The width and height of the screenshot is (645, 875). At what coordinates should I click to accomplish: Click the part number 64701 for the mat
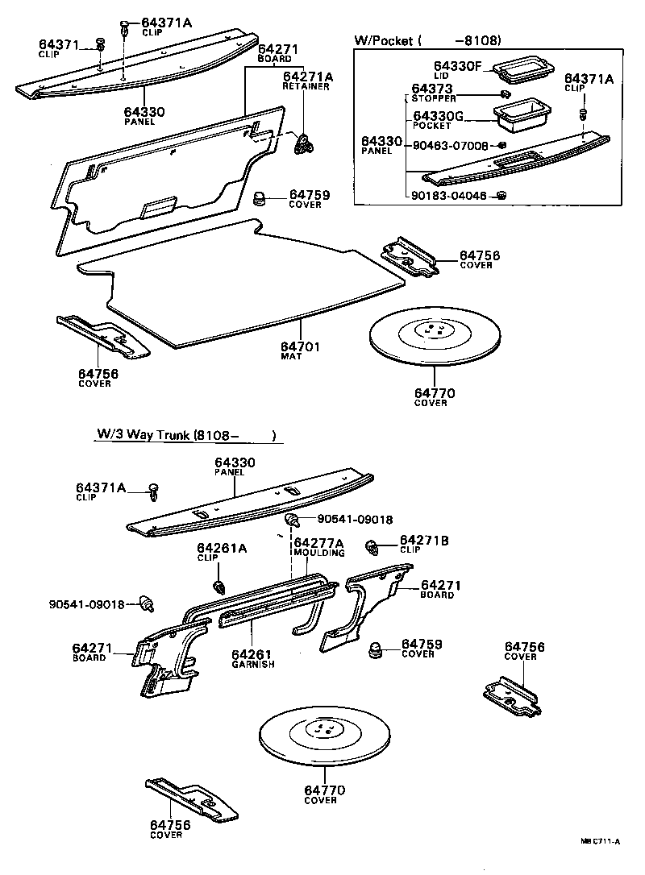pyautogui.click(x=300, y=346)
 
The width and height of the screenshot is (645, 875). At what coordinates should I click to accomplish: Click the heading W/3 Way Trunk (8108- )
pyautogui.click(x=186, y=435)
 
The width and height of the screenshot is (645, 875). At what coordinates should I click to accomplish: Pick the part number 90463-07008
pyautogui.click(x=450, y=146)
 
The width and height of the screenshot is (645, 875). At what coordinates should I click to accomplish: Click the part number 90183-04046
pyautogui.click(x=448, y=196)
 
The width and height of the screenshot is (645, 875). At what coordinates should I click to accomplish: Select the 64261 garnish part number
pyautogui.click(x=252, y=653)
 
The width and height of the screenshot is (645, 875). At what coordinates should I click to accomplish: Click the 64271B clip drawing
pyautogui.click(x=372, y=547)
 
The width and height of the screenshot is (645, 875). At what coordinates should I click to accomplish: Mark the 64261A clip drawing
pyautogui.click(x=219, y=586)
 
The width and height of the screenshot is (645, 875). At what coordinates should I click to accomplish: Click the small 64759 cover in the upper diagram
pyautogui.click(x=260, y=198)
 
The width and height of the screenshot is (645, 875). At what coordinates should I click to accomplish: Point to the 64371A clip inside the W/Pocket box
pyautogui.click(x=584, y=115)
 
